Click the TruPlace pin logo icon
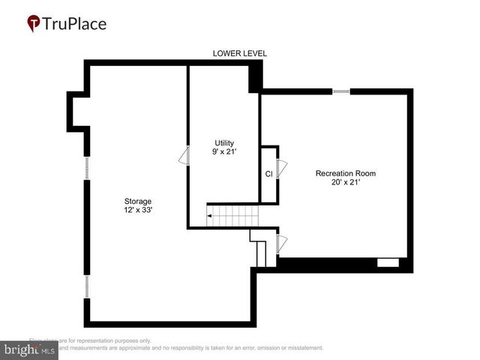coord(34,23)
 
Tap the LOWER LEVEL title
coord(240,53)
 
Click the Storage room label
coord(138,201)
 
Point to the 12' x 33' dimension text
coord(138,211)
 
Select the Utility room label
coord(225,142)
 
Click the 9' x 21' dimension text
coord(225,152)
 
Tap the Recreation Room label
coord(345,173)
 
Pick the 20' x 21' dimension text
coord(345,183)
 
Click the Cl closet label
coord(268,174)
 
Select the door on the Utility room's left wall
coord(182,156)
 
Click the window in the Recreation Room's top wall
coord(341,91)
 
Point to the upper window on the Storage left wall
coord(87,167)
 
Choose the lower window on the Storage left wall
coord(87,286)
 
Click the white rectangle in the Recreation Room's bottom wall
coord(388,262)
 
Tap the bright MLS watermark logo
coord(30,349)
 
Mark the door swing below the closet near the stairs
coord(282,243)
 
